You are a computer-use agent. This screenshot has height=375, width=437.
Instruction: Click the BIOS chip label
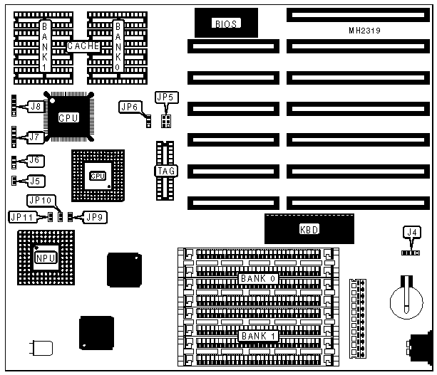(x=225, y=24)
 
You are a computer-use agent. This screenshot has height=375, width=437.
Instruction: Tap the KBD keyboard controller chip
(x=309, y=230)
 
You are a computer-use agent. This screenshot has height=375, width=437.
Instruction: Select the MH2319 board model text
(x=363, y=31)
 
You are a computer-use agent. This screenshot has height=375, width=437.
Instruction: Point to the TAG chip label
(x=164, y=171)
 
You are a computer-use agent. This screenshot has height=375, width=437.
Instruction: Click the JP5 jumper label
(x=164, y=97)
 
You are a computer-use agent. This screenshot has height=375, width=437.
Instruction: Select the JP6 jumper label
(x=129, y=107)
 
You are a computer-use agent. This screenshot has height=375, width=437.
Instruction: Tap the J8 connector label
(x=34, y=107)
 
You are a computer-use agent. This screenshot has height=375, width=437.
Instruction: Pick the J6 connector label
(x=34, y=161)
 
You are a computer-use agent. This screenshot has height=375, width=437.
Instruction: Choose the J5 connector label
(x=34, y=180)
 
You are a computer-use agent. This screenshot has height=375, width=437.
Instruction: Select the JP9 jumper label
(x=93, y=216)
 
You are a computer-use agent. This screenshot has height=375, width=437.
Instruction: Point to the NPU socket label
(x=44, y=257)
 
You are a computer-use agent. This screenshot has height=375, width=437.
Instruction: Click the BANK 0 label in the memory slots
(x=258, y=278)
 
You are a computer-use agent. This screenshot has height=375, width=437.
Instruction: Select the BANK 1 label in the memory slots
(x=258, y=335)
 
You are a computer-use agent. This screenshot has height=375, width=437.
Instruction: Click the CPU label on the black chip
(x=68, y=117)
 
